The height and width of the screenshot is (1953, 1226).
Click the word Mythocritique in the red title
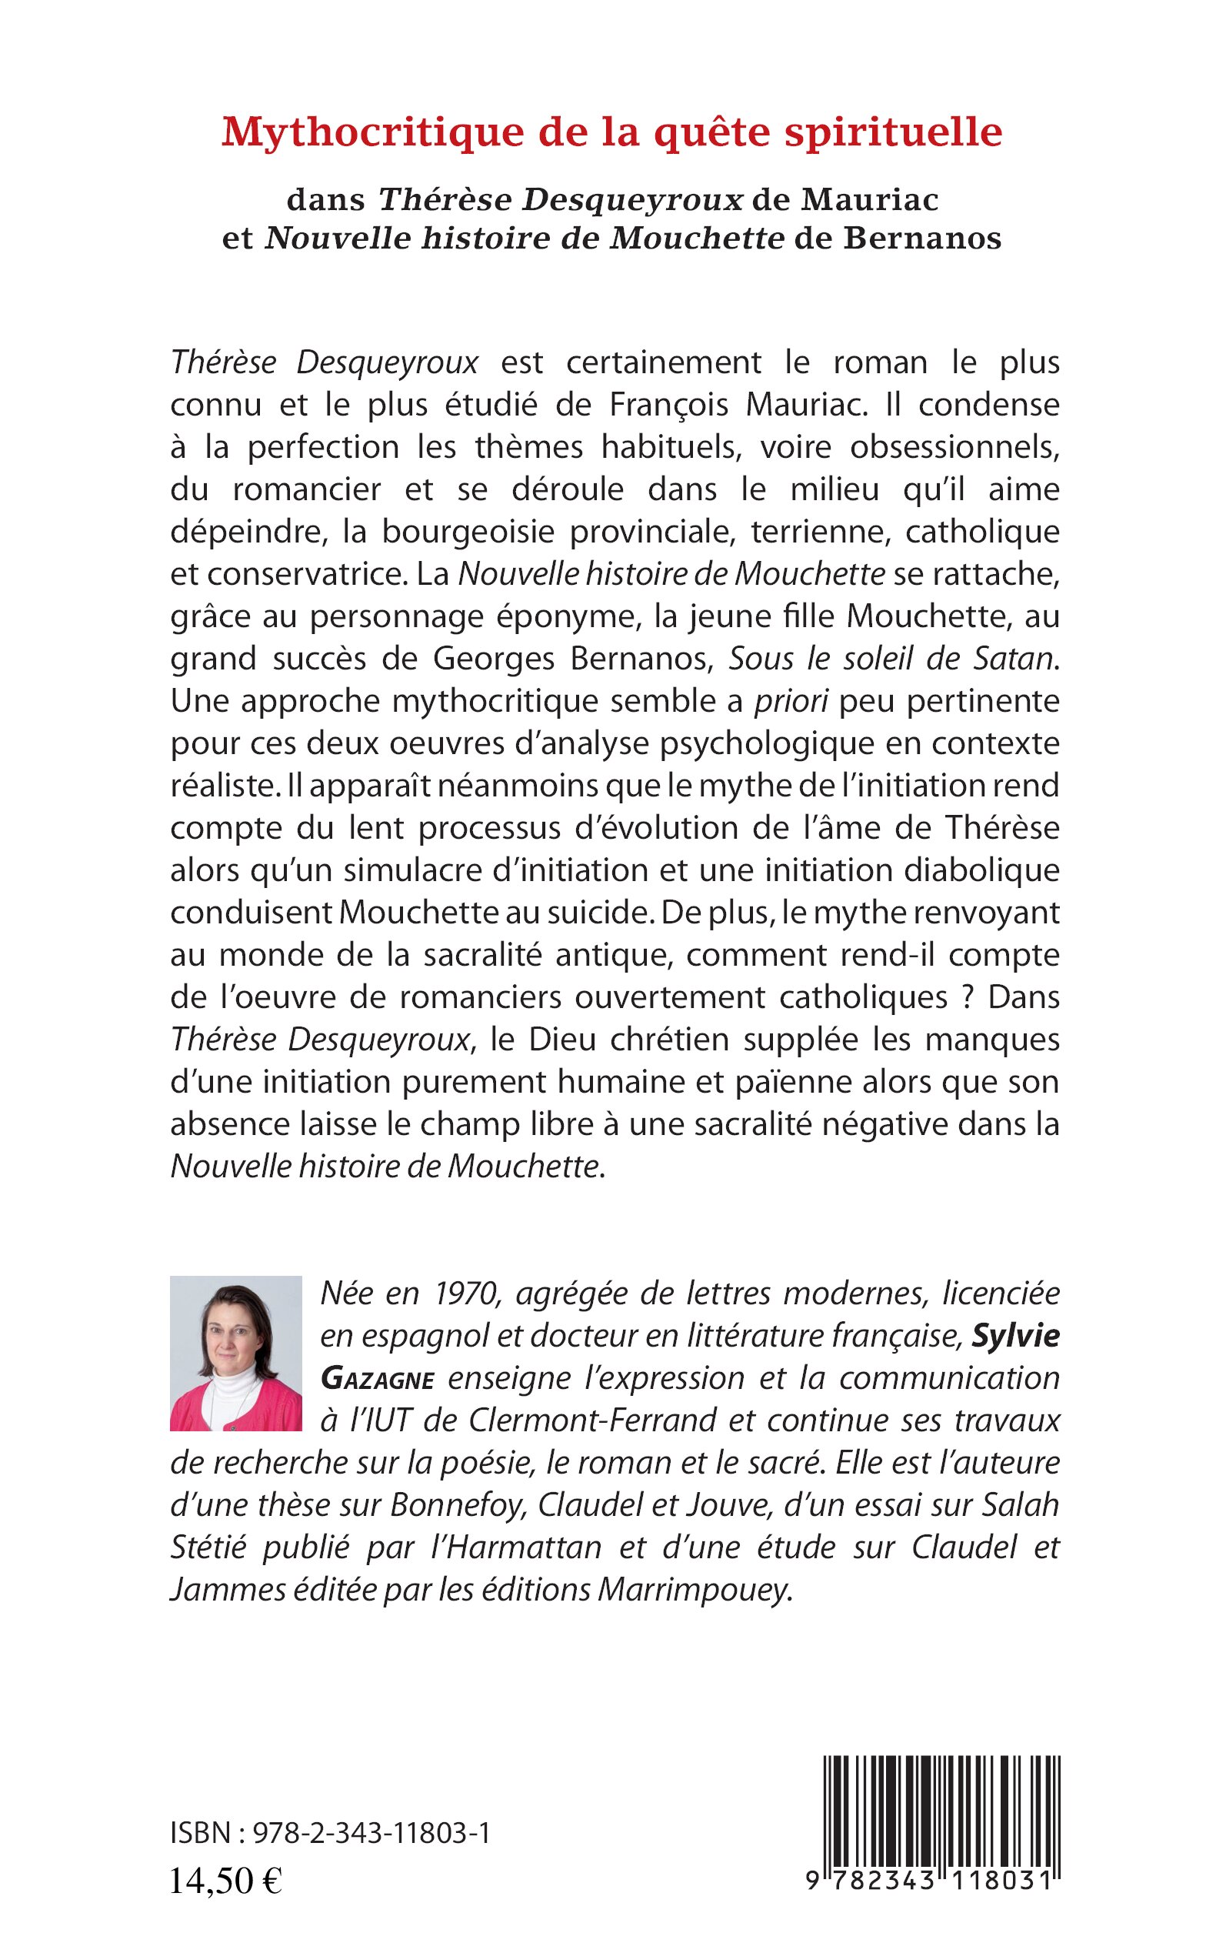click(372, 133)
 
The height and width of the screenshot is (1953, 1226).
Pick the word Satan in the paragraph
click(1015, 658)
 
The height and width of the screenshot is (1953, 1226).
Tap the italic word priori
click(791, 701)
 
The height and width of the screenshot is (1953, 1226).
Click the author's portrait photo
click(235, 1354)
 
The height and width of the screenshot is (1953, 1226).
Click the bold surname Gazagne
click(378, 1378)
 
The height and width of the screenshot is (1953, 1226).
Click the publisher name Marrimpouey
click(693, 1590)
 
